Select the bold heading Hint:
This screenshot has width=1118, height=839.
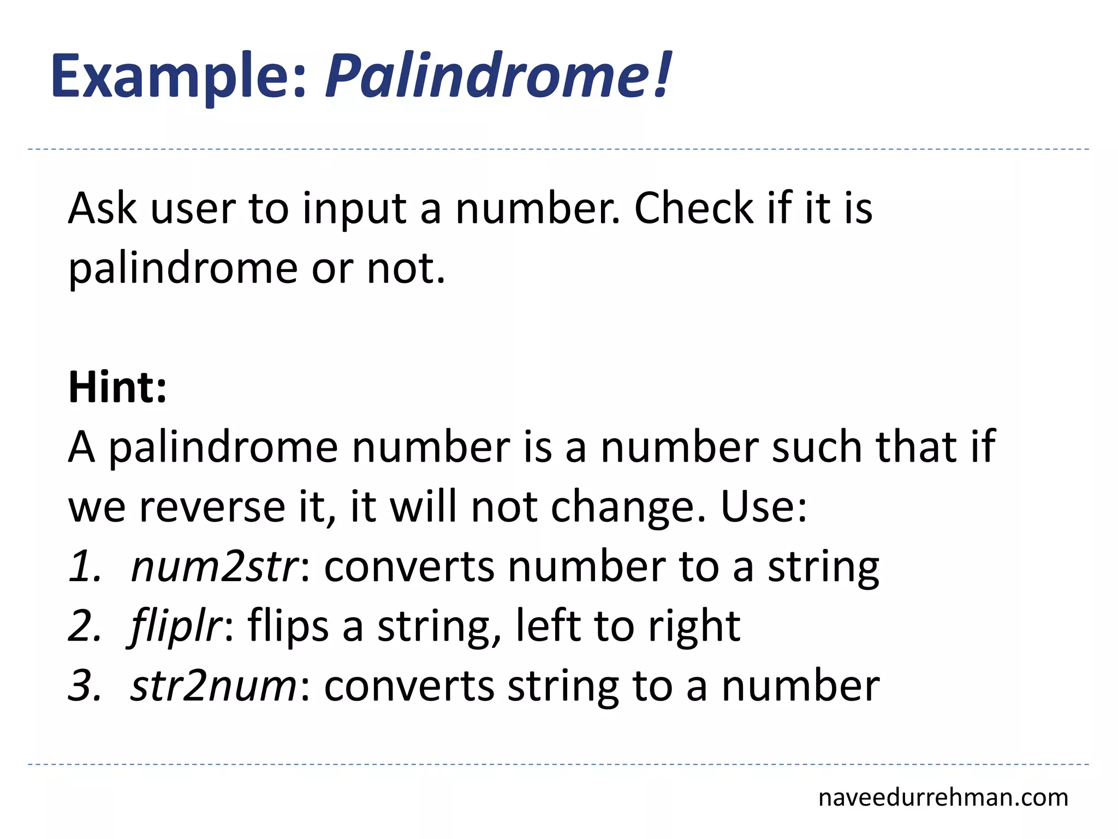pyautogui.click(x=117, y=387)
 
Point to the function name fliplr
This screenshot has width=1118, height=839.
pyautogui.click(x=176, y=626)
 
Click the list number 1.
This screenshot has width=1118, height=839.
pyautogui.click(x=85, y=566)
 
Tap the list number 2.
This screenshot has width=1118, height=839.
pyautogui.click(x=85, y=626)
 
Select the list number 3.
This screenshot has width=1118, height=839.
pyautogui.click(x=85, y=686)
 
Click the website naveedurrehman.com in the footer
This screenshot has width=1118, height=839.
pyautogui.click(x=943, y=797)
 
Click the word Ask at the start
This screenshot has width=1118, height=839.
pyautogui.click(x=102, y=209)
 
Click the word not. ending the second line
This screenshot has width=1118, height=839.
pyautogui.click(x=406, y=269)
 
